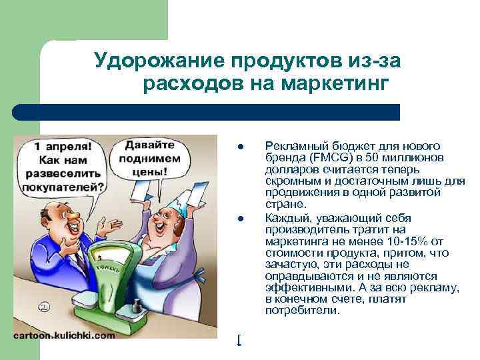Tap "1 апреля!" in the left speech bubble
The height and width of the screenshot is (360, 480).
63,145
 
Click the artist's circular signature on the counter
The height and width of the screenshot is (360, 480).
43,307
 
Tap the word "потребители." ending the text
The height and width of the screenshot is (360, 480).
302,310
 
